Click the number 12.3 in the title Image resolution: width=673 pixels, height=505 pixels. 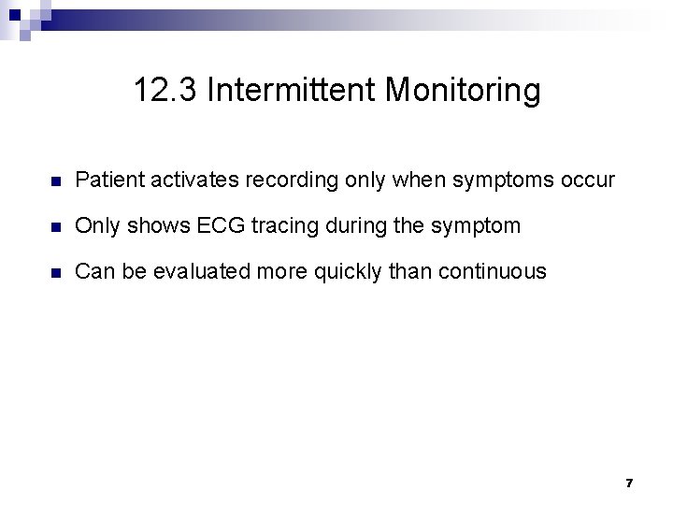(x=165, y=91)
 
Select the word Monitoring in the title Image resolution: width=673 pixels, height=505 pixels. (x=463, y=91)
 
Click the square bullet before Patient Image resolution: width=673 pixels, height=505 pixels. (x=56, y=180)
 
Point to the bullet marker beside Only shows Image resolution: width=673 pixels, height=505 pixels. (x=56, y=226)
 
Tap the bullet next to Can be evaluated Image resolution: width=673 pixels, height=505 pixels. (x=56, y=272)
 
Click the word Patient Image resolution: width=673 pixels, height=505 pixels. (x=106, y=179)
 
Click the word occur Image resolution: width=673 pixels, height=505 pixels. (x=589, y=179)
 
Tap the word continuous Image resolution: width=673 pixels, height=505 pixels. (x=493, y=271)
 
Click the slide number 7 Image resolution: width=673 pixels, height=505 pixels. (x=629, y=483)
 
